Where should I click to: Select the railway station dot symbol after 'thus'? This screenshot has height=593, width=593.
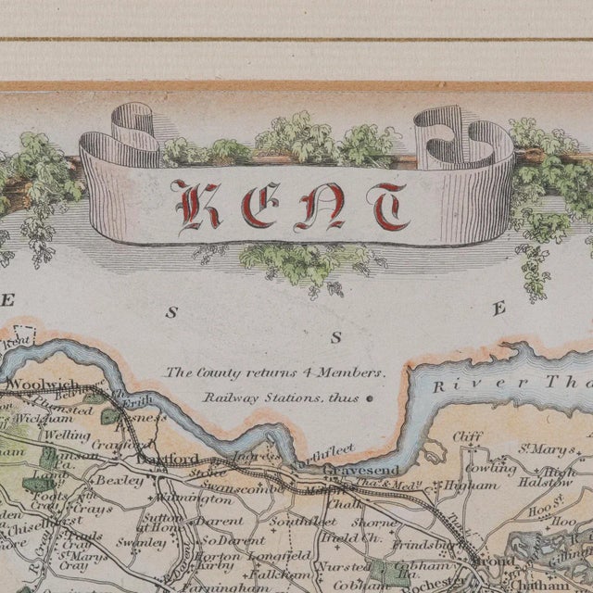[x=370, y=399]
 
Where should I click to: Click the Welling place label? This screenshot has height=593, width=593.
[x=67, y=435]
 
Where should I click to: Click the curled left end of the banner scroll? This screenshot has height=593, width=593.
[x=116, y=148]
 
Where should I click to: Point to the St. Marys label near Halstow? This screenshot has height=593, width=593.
[x=536, y=452]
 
